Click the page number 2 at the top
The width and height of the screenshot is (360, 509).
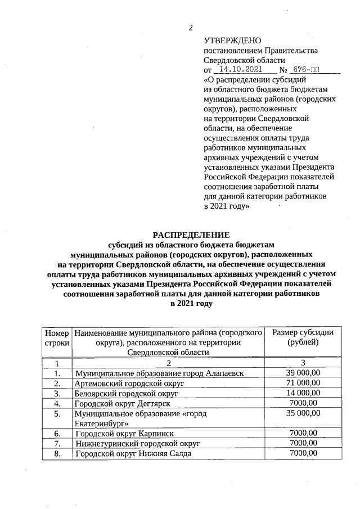191,28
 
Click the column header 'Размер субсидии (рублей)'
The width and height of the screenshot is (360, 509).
303,337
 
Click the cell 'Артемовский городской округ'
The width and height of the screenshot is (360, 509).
129,383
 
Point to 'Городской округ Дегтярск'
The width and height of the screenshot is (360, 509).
122,403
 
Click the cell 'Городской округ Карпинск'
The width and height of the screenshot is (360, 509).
124,433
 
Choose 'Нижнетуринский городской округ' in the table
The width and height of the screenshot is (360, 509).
138,443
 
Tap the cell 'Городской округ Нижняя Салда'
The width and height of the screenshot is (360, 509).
133,453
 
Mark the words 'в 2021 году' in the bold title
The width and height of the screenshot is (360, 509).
191,303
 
